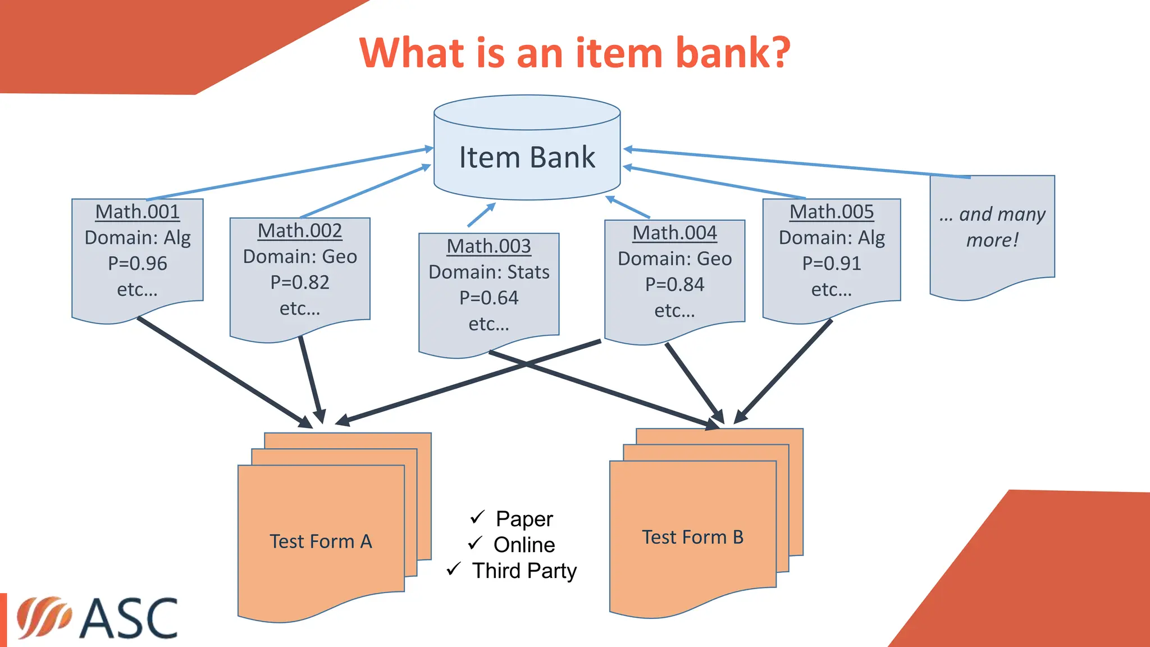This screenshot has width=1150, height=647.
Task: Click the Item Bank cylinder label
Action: [527, 157]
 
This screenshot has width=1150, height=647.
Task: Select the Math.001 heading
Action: [138, 212]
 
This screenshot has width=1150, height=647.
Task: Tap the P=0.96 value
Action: [138, 263]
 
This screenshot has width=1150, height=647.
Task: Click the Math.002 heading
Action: [300, 231]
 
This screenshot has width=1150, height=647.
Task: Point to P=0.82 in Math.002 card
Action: [300, 283]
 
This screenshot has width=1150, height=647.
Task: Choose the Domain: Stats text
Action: [489, 272]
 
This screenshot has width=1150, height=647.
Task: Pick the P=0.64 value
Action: [489, 298]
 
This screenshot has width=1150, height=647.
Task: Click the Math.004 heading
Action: [674, 233]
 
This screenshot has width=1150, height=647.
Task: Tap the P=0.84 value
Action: [674, 285]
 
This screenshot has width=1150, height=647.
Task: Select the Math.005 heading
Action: [832, 212]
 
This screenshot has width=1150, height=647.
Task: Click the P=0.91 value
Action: [832, 263]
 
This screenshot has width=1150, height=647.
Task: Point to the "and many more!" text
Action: [992, 227]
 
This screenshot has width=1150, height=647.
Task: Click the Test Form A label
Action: [321, 541]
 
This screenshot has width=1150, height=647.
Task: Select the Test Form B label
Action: [693, 537]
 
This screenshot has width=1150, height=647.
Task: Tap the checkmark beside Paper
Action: [477, 517]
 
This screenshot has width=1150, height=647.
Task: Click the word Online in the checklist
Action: [524, 545]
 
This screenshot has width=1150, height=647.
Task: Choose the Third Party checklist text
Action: [524, 571]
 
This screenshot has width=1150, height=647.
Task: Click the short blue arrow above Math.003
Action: [481, 215]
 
